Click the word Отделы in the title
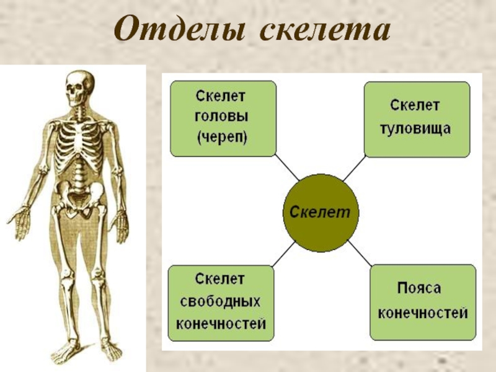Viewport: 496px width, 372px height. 179,29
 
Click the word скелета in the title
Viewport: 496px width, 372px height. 325,29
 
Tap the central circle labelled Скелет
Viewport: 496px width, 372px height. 321,213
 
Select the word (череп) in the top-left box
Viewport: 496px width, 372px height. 222,137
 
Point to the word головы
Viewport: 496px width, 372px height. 221,117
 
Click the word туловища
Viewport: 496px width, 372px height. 415,128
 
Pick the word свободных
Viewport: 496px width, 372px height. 220,302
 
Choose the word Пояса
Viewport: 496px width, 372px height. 419,288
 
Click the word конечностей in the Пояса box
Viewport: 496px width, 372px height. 423,313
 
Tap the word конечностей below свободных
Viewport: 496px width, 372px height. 221,324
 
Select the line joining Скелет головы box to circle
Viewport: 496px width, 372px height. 286,167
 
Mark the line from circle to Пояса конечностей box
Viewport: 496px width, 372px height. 360,253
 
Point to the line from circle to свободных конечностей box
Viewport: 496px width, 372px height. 283,254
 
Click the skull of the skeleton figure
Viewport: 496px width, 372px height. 80,87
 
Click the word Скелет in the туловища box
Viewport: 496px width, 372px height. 415,105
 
